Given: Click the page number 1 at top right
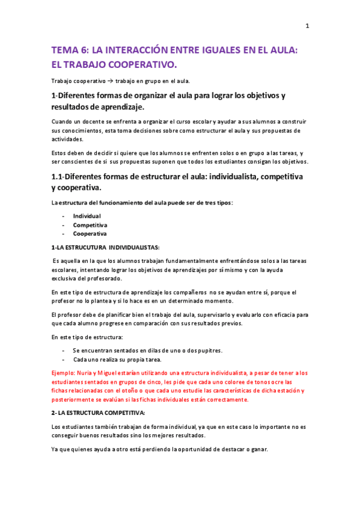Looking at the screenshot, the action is pyautogui.click(x=307, y=25).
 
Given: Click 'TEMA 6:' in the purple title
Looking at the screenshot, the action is pyautogui.click(x=69, y=52).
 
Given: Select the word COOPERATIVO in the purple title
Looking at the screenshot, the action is pyautogui.click(x=140, y=64).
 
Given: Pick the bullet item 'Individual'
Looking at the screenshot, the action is pyautogui.click(x=87, y=216).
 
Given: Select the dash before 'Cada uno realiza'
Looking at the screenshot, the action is pyautogui.click(x=63, y=359).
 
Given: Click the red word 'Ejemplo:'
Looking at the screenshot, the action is pyautogui.click(x=65, y=373).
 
